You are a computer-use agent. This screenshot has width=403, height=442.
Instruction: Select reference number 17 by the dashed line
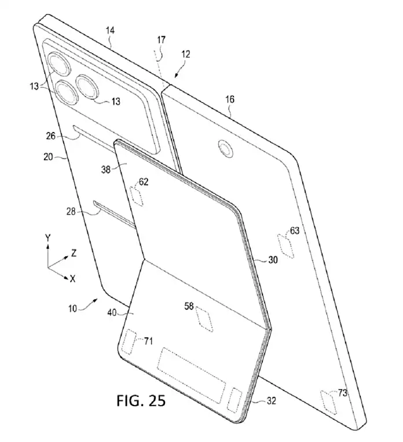[161, 40]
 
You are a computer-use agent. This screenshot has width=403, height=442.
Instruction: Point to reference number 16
[230, 100]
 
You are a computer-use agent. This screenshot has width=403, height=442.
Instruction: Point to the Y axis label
[48, 237]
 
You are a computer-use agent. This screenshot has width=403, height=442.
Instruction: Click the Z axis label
[74, 252]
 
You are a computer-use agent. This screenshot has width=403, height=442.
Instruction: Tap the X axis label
[72, 279]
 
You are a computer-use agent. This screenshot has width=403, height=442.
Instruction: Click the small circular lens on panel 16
[224, 150]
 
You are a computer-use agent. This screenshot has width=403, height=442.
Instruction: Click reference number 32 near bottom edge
[271, 400]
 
